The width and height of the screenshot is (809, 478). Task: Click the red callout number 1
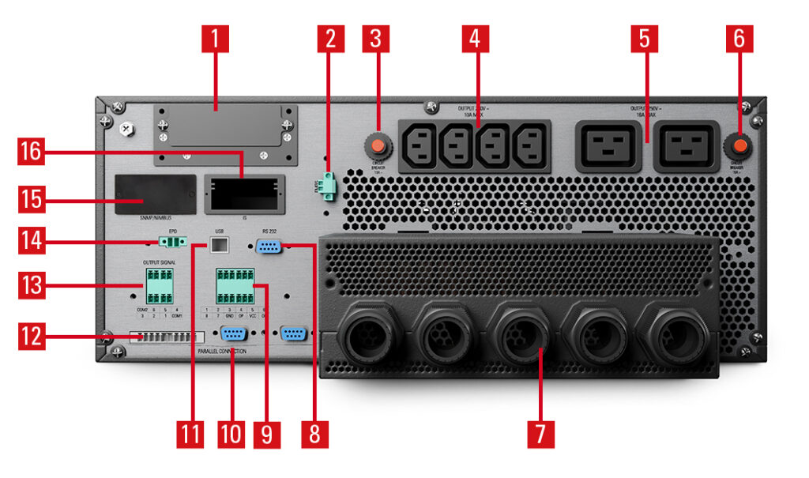pyautogui.click(x=215, y=36)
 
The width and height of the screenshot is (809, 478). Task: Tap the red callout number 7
pyautogui.click(x=540, y=433)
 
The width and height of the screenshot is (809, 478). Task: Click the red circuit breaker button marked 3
pyautogui.click(x=376, y=146)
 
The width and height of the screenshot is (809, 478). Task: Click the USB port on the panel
pyautogui.click(x=219, y=247)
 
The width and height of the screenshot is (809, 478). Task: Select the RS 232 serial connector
pyautogui.click(x=269, y=247)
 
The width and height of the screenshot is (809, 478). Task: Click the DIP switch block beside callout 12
pyautogui.click(x=161, y=337)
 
